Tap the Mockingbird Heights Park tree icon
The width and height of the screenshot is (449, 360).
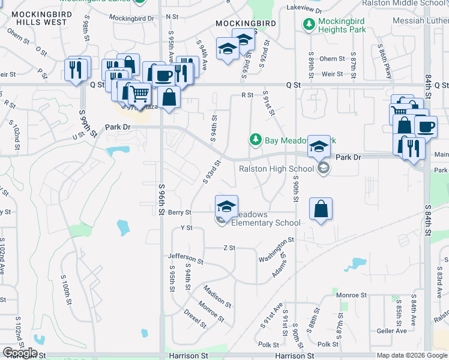(309, 25)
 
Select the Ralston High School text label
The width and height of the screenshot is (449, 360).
(276, 169)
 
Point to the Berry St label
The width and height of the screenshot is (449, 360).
(179, 212)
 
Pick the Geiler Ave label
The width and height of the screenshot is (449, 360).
(393, 331)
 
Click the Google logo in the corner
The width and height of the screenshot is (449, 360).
(20, 353)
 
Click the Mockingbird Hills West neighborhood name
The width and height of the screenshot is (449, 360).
(40, 17)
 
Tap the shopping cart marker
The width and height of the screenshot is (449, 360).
(140, 93)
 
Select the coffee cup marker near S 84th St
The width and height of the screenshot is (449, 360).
(426, 127)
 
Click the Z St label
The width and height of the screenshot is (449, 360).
(228, 248)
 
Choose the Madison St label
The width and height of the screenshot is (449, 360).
(217, 296)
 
